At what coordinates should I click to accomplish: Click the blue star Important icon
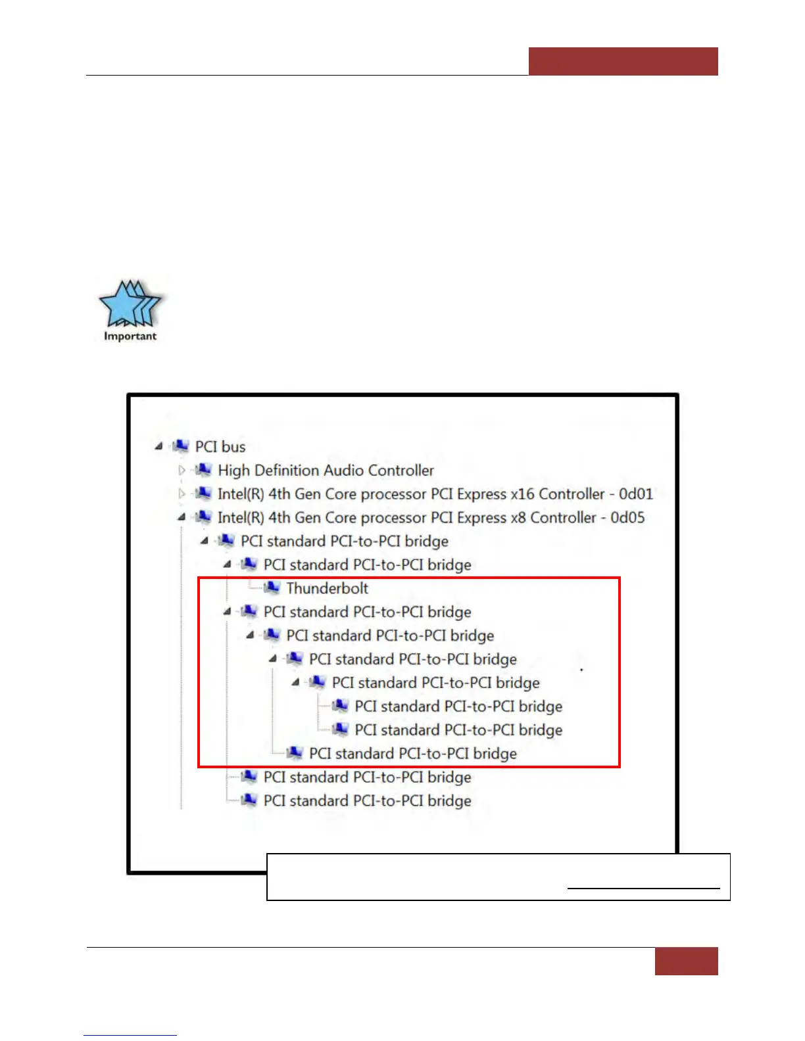pos(130,304)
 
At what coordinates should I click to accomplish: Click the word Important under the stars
pos(130,336)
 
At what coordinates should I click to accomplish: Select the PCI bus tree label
pos(220,447)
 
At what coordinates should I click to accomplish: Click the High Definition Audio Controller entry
pos(326,471)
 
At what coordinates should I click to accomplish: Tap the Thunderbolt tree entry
pos(327,588)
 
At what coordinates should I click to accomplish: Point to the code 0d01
pos(635,494)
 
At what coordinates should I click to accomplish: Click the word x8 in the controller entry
pos(518,518)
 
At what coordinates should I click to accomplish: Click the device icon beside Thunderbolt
pos(272,588)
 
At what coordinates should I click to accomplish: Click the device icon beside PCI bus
pos(180,446)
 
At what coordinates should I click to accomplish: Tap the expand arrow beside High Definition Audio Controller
pos(182,471)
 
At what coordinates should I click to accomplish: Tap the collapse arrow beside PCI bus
pos(159,447)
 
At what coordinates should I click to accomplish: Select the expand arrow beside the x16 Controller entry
pos(182,494)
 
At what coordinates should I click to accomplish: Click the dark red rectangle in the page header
pos(623,61)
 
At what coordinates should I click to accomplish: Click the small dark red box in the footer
pos(686,961)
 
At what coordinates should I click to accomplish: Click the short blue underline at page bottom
pos(130,1036)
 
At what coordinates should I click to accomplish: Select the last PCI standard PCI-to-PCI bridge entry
pos(367,801)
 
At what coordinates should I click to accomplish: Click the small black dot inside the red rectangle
pos(581,670)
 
